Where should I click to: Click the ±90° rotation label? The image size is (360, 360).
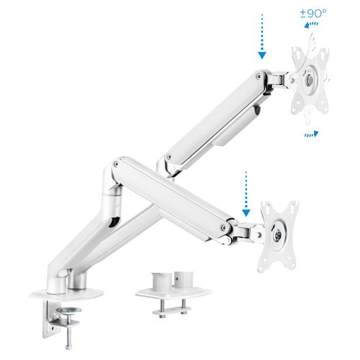(313, 14)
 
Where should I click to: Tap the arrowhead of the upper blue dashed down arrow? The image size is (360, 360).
(262, 55)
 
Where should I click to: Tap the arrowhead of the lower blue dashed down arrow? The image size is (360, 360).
(246, 213)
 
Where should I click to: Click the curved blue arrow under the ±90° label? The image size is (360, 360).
(311, 24)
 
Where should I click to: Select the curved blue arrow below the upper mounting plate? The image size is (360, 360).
(312, 134)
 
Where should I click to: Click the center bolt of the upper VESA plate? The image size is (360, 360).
(310, 79)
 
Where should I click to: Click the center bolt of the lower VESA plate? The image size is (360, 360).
(278, 233)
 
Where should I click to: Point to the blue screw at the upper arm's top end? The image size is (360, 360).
(259, 76)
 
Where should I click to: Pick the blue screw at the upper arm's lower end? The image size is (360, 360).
(169, 157)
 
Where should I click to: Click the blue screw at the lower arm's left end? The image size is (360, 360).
(117, 164)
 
